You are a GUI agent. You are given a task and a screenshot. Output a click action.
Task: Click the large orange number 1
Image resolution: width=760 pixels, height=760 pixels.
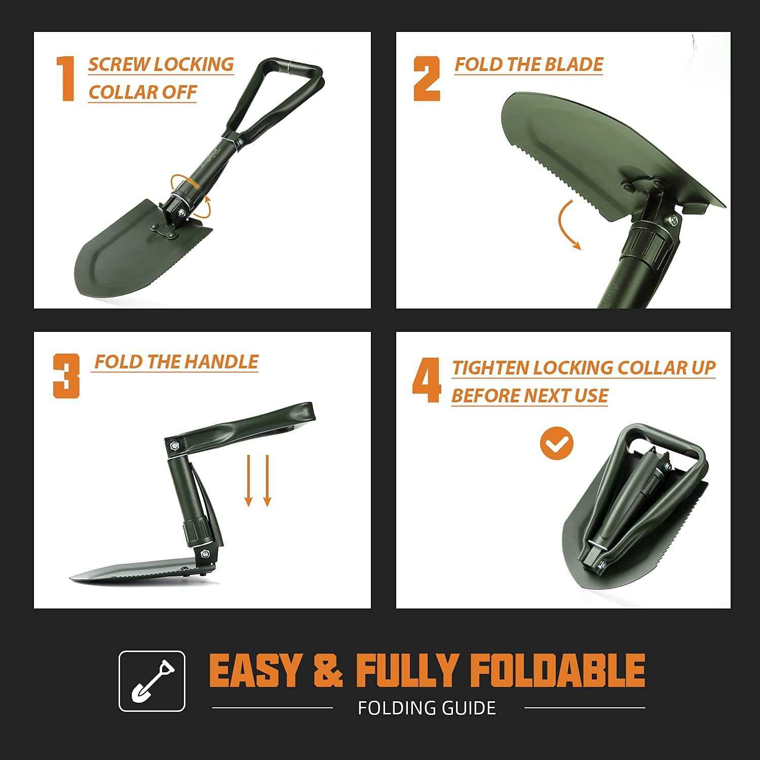(66, 79)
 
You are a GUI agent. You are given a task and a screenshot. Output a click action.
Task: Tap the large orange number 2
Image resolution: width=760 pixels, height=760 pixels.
(427, 79)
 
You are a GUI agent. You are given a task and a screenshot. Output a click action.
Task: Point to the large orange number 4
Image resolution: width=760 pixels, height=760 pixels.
(427, 381)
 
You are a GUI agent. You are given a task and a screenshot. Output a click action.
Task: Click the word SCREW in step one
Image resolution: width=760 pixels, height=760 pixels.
(119, 64)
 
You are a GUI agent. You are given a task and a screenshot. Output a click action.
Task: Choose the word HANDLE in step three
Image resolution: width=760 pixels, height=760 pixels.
(221, 362)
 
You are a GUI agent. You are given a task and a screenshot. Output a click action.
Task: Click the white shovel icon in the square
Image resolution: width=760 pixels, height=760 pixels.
(151, 681)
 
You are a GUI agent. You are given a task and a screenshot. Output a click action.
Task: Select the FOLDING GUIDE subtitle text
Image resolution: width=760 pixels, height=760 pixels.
(427, 708)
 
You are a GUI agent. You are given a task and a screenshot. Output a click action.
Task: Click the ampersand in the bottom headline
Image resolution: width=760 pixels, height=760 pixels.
(328, 670)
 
